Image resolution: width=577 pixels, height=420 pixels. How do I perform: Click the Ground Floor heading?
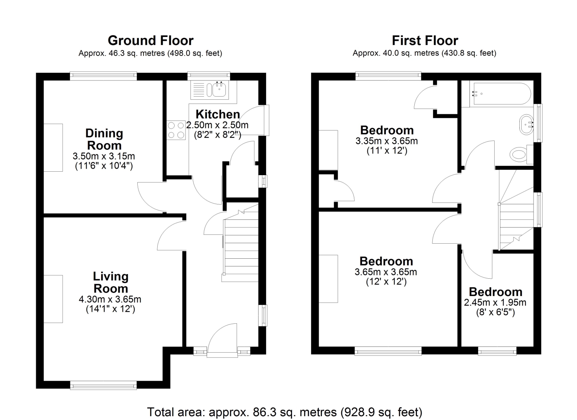tap(150, 40)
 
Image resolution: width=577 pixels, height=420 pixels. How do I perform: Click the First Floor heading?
tap(425, 40)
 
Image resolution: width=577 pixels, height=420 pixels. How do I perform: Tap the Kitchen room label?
tap(218, 114)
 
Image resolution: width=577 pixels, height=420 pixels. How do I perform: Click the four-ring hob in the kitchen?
tap(176, 130)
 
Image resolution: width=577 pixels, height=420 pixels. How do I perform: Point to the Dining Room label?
tap(104, 139)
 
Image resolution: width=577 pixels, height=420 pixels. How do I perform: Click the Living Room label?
tap(111, 282)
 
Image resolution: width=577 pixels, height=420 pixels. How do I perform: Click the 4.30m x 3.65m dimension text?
tap(110, 300)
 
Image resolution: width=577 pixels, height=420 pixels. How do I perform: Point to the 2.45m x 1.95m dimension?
tap(495, 303)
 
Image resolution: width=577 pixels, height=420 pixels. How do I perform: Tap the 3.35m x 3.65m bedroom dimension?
tap(387, 141)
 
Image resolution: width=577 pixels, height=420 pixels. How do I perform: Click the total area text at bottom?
tap(285, 412)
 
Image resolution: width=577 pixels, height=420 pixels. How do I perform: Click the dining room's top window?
tap(103, 75)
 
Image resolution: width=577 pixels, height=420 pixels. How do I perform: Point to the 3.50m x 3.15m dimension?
tap(104, 156)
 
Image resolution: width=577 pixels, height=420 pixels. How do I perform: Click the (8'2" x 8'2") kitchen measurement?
tap(218, 135)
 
